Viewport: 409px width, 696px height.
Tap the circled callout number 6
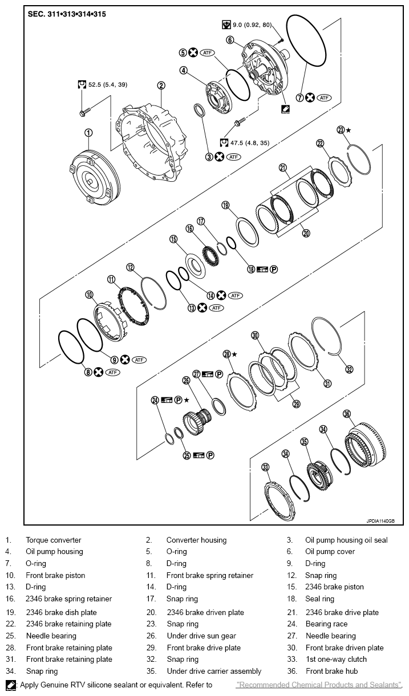tap(230, 40)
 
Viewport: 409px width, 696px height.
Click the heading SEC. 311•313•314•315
tap(66, 13)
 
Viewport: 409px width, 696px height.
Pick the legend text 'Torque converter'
tap(53, 540)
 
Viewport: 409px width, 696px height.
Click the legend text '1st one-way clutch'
tap(336, 660)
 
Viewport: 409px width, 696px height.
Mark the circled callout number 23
tap(341, 130)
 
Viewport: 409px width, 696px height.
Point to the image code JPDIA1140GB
tap(384, 520)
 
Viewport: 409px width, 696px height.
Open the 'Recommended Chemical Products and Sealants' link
tap(318, 685)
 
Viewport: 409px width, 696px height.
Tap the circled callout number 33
tap(265, 467)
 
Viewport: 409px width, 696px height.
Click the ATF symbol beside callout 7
tap(325, 97)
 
